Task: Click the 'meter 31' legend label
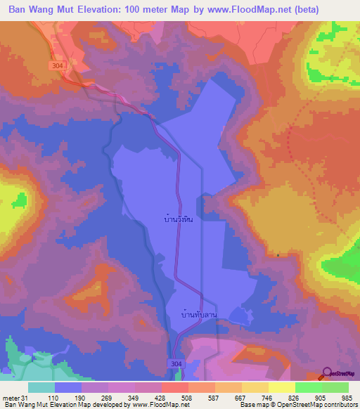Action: (x=15, y=397)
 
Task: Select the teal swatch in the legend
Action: (x=41, y=387)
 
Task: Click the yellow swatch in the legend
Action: (x=282, y=387)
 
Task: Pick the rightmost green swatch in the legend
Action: (x=335, y=387)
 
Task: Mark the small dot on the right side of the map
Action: (x=278, y=255)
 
